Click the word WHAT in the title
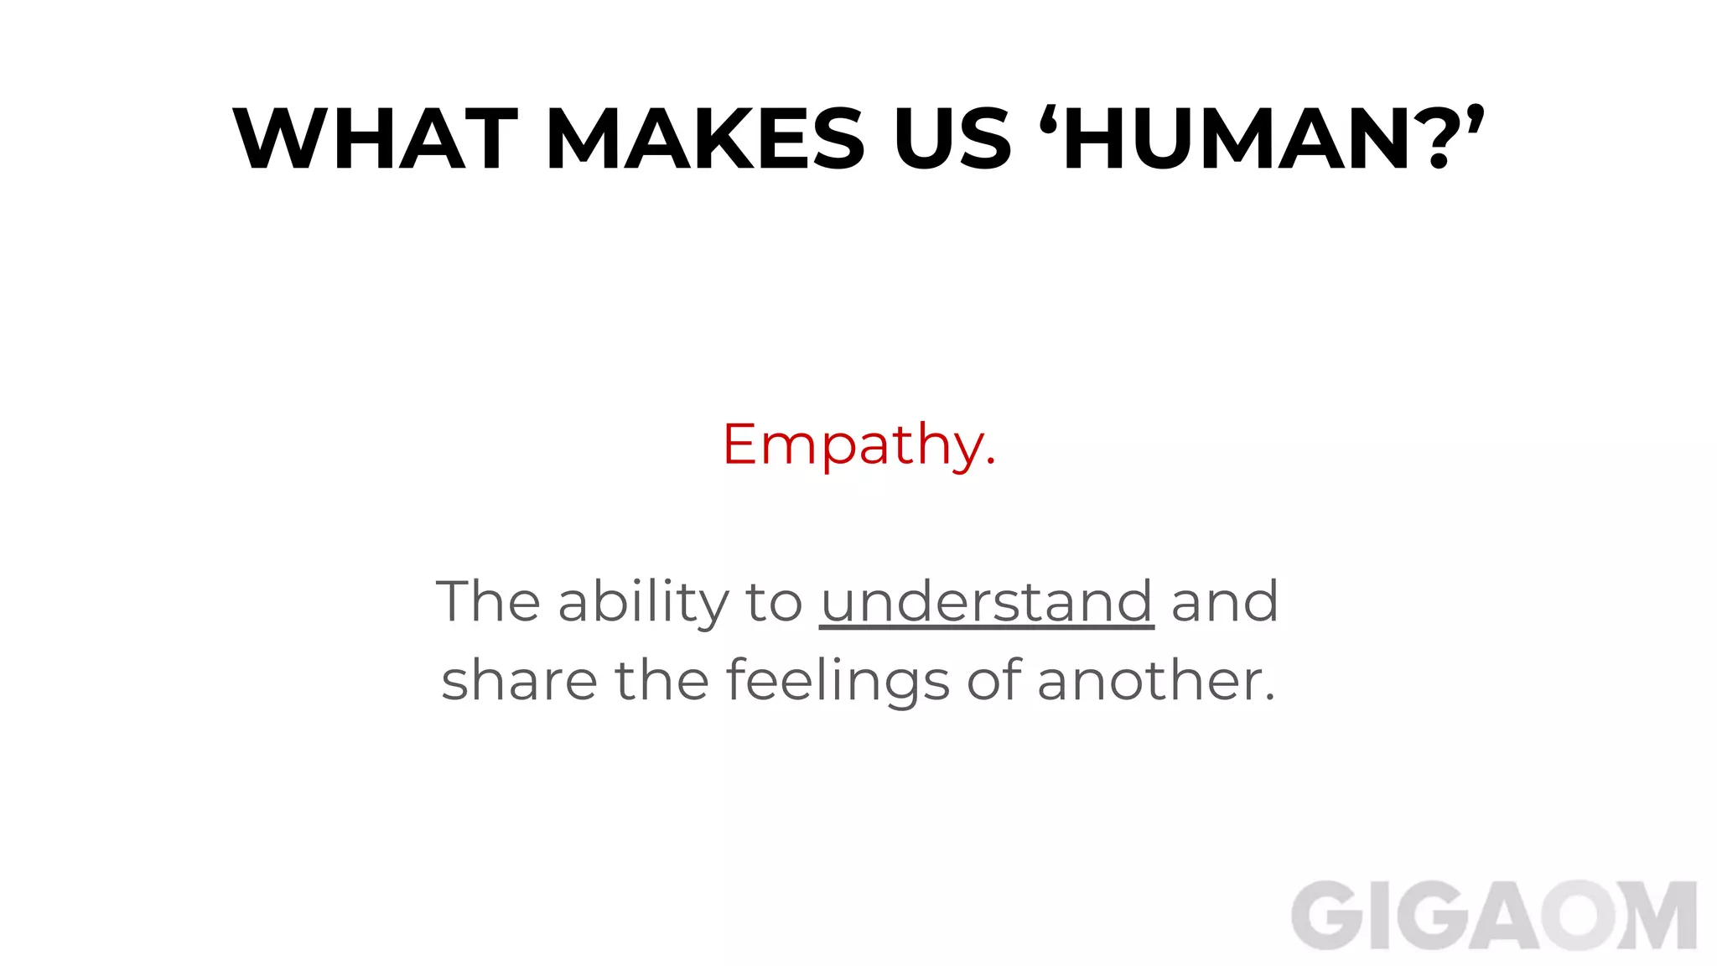point(375,139)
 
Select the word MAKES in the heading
point(705,139)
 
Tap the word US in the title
point(952,139)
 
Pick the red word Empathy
point(858,444)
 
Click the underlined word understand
point(987,601)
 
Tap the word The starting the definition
point(488,601)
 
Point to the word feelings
point(838,681)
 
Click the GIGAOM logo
point(1493,916)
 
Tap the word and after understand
point(1225,601)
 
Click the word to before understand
point(774,602)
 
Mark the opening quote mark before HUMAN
point(1048,118)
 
